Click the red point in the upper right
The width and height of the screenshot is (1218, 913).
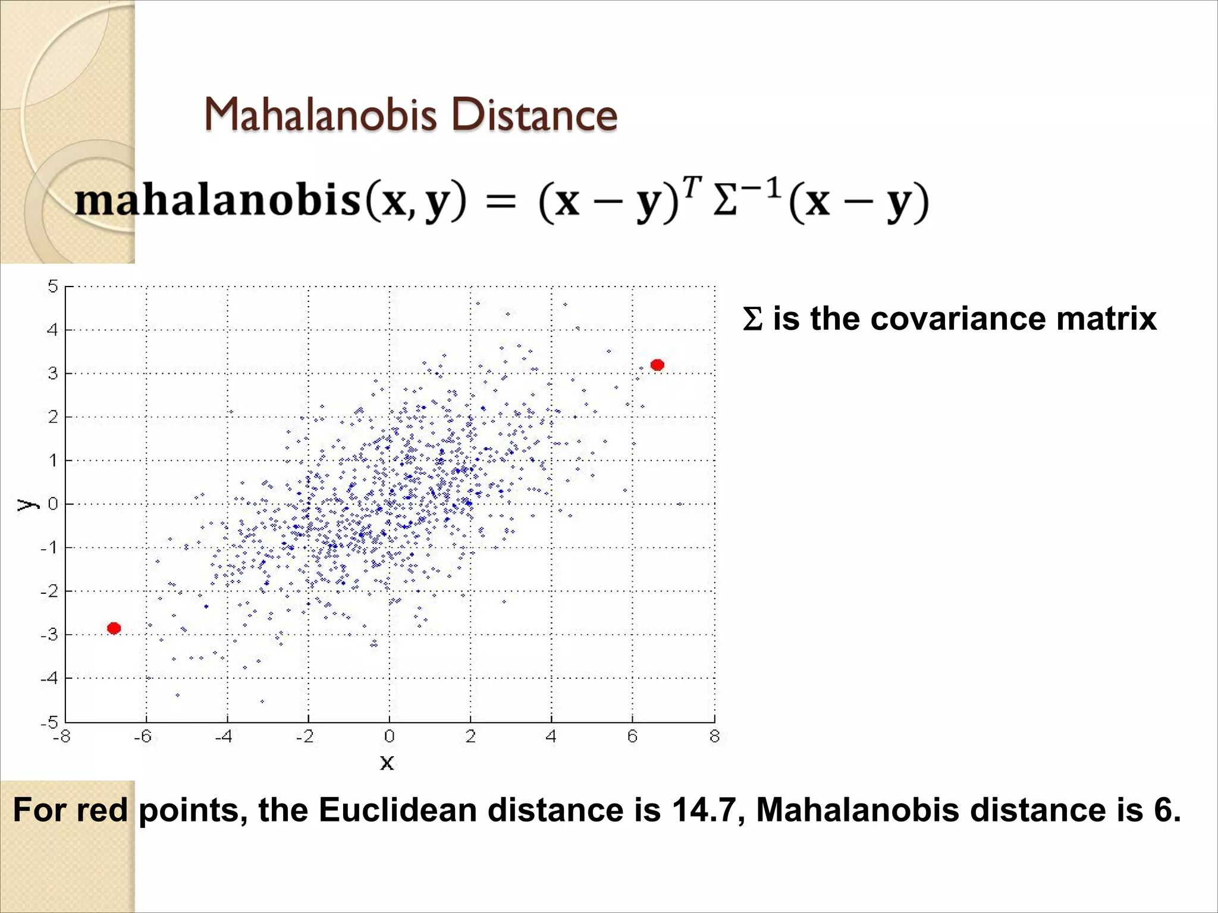[657, 365]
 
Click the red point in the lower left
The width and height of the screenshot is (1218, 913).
[114, 628]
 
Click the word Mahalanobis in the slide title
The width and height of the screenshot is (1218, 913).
[320, 114]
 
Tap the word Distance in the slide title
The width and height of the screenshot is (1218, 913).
[534, 114]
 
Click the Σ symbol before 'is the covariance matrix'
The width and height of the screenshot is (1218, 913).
[752, 319]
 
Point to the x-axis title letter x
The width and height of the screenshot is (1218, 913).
[387, 763]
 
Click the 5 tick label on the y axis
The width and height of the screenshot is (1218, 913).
[53, 287]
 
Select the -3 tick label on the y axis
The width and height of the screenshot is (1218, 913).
[49, 634]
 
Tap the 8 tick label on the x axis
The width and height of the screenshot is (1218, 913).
[714, 736]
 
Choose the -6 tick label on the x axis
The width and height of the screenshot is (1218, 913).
[143, 736]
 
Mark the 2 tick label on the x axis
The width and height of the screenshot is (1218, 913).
[470, 736]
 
